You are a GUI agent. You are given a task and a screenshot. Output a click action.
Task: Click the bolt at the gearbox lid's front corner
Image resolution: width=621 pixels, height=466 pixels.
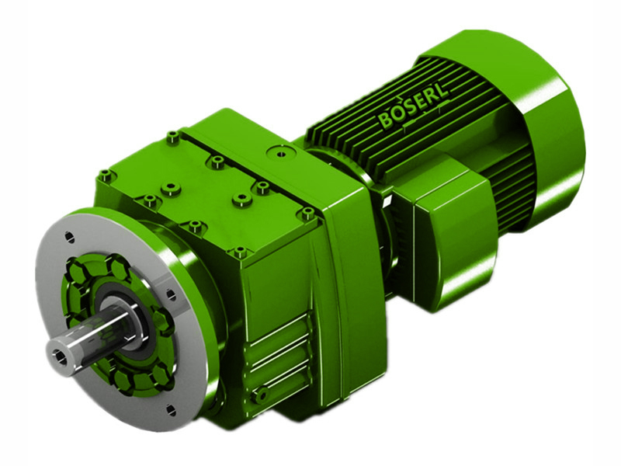tap(240, 252)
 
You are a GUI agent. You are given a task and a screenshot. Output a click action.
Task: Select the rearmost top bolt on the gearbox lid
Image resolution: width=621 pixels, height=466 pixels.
tap(172, 137)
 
